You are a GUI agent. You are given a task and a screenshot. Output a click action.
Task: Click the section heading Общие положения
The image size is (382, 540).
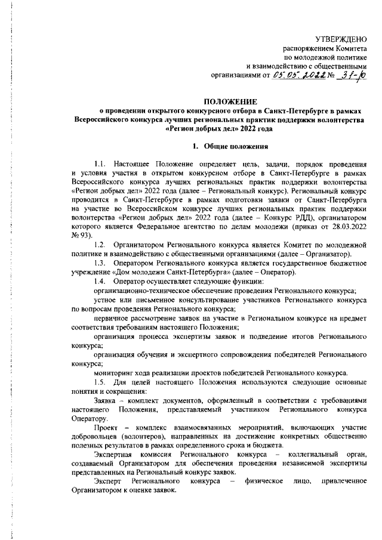pyautogui.click(x=234, y=146)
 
